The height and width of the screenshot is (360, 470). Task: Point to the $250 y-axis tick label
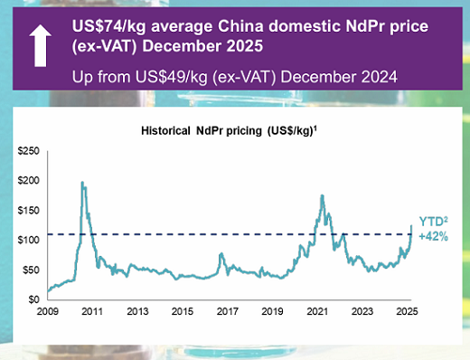30,150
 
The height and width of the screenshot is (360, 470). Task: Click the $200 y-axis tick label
30,180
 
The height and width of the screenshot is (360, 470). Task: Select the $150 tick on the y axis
30,210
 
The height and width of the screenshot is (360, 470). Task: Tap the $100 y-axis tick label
30,240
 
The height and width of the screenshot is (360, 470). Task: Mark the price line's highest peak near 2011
83,183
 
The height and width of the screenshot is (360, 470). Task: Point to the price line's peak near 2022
323,195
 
